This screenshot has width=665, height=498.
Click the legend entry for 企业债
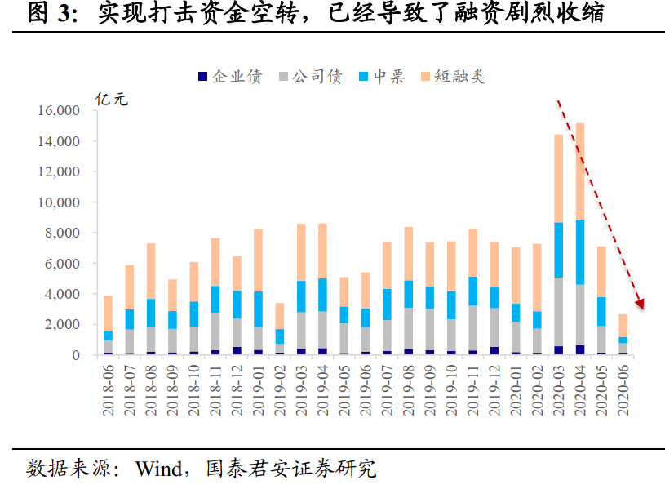[x=230, y=78]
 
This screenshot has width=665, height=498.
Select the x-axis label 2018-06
[x=109, y=390]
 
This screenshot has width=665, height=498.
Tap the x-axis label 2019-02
[x=280, y=390]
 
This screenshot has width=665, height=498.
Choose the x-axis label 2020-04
[x=580, y=390]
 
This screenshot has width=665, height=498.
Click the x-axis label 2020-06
[x=623, y=390]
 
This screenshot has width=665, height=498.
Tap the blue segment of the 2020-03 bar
[x=558, y=250]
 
